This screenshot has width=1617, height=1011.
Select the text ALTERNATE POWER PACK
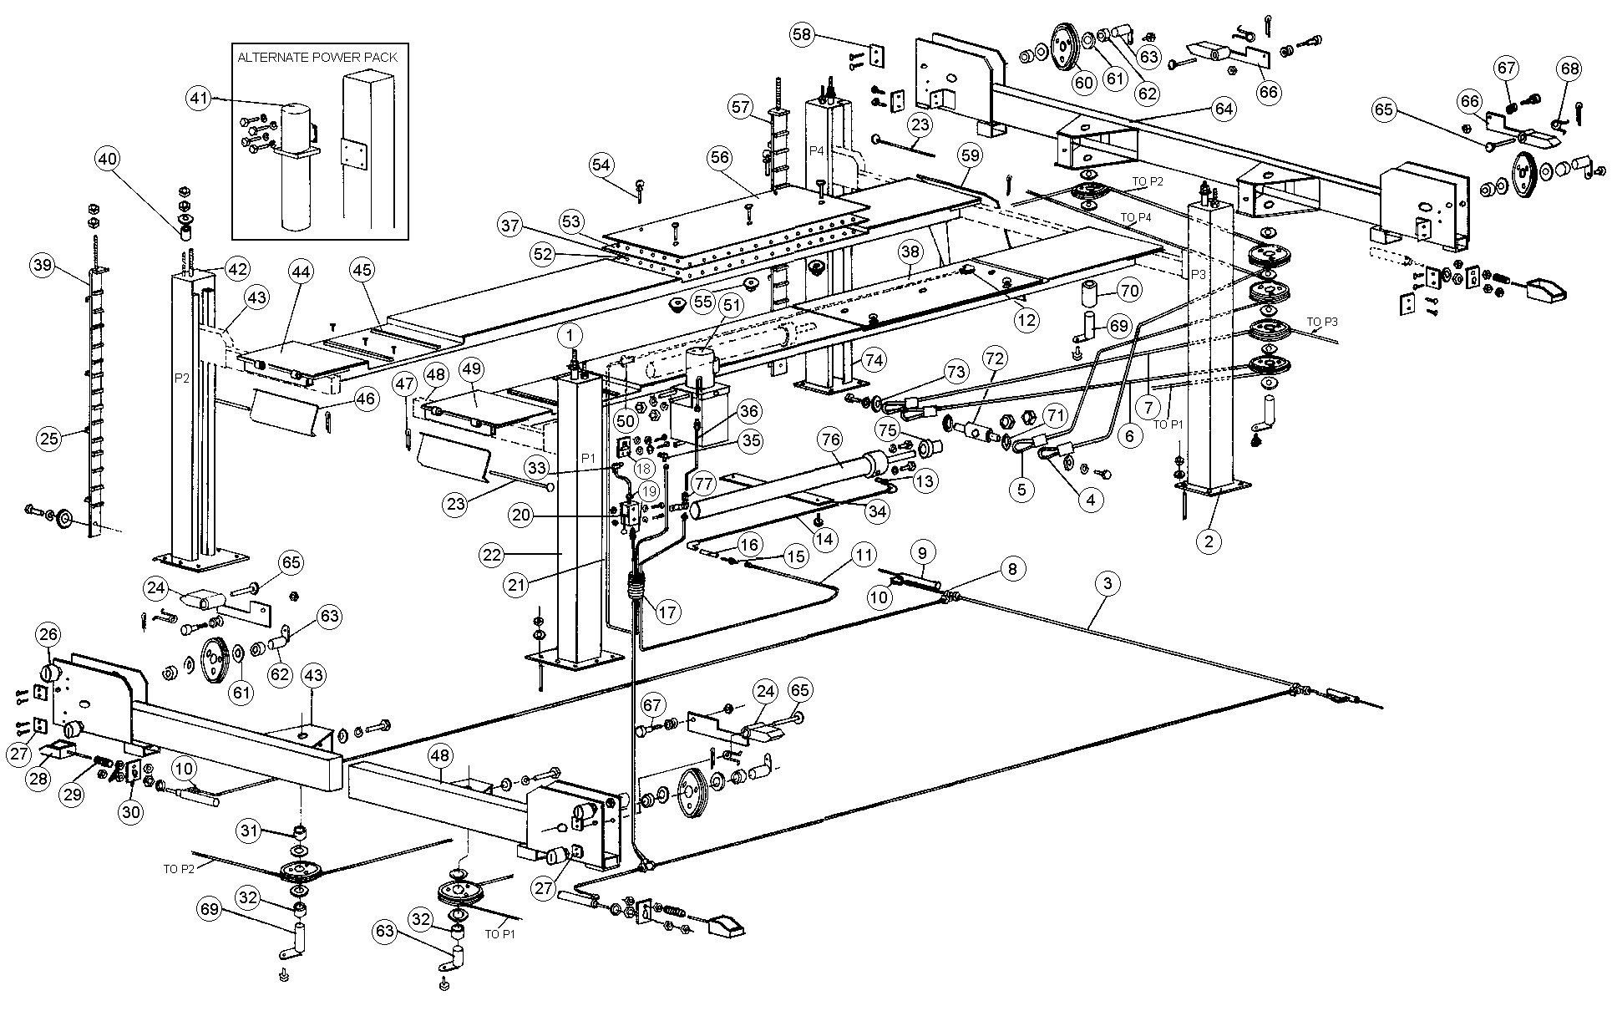tap(317, 58)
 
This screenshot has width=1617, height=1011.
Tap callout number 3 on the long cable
tap(1108, 584)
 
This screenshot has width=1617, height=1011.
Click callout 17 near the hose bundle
tap(667, 612)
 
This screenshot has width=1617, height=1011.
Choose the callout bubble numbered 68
tap(1569, 69)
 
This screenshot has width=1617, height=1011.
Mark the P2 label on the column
tap(183, 377)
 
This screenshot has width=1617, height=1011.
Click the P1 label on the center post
tap(588, 458)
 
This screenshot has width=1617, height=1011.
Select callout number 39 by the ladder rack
tap(42, 266)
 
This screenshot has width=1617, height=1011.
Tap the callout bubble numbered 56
tap(720, 156)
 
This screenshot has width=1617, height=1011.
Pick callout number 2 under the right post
tap(1208, 541)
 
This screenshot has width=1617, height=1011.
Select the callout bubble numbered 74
tap(874, 361)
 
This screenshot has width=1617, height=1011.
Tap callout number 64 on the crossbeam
tap(1224, 109)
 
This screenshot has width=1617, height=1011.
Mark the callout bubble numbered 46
tap(365, 399)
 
